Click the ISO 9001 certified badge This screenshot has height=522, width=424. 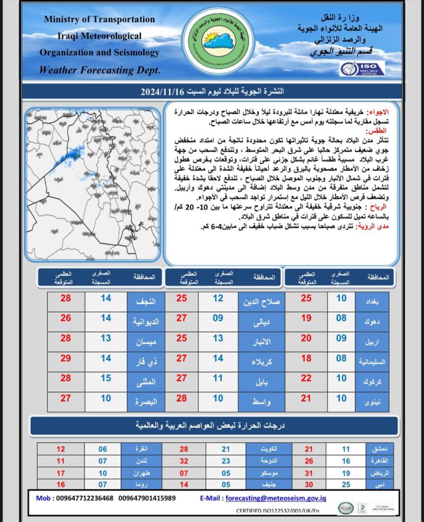(x=362, y=68)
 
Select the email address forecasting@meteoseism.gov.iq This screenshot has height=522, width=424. (x=276, y=498)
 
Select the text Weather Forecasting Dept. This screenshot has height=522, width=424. (x=99, y=70)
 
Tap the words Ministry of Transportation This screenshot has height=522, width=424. (x=99, y=19)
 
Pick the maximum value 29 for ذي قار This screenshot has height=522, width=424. (x=66, y=358)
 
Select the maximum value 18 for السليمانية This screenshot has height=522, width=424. (x=306, y=358)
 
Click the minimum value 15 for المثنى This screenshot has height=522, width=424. (x=105, y=378)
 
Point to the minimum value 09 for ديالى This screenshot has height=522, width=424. (x=218, y=319)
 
